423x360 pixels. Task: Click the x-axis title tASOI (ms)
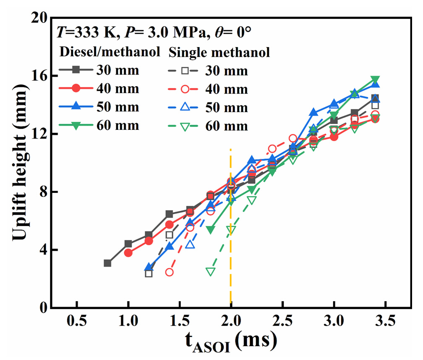pyautogui.click(x=230, y=342)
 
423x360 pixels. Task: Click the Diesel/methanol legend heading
pyautogui.click(x=110, y=52)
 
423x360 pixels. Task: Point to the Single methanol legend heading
pyautogui.click(x=219, y=52)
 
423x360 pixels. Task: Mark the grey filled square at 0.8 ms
pyautogui.click(x=108, y=263)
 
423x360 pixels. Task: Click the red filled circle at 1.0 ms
pyautogui.click(x=128, y=253)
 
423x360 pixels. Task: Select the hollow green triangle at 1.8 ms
pyautogui.click(x=211, y=271)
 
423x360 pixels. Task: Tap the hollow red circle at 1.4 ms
pyautogui.click(x=169, y=272)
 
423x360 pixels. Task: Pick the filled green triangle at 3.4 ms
pyautogui.click(x=375, y=80)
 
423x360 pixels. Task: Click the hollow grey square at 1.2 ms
pyautogui.click(x=149, y=273)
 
